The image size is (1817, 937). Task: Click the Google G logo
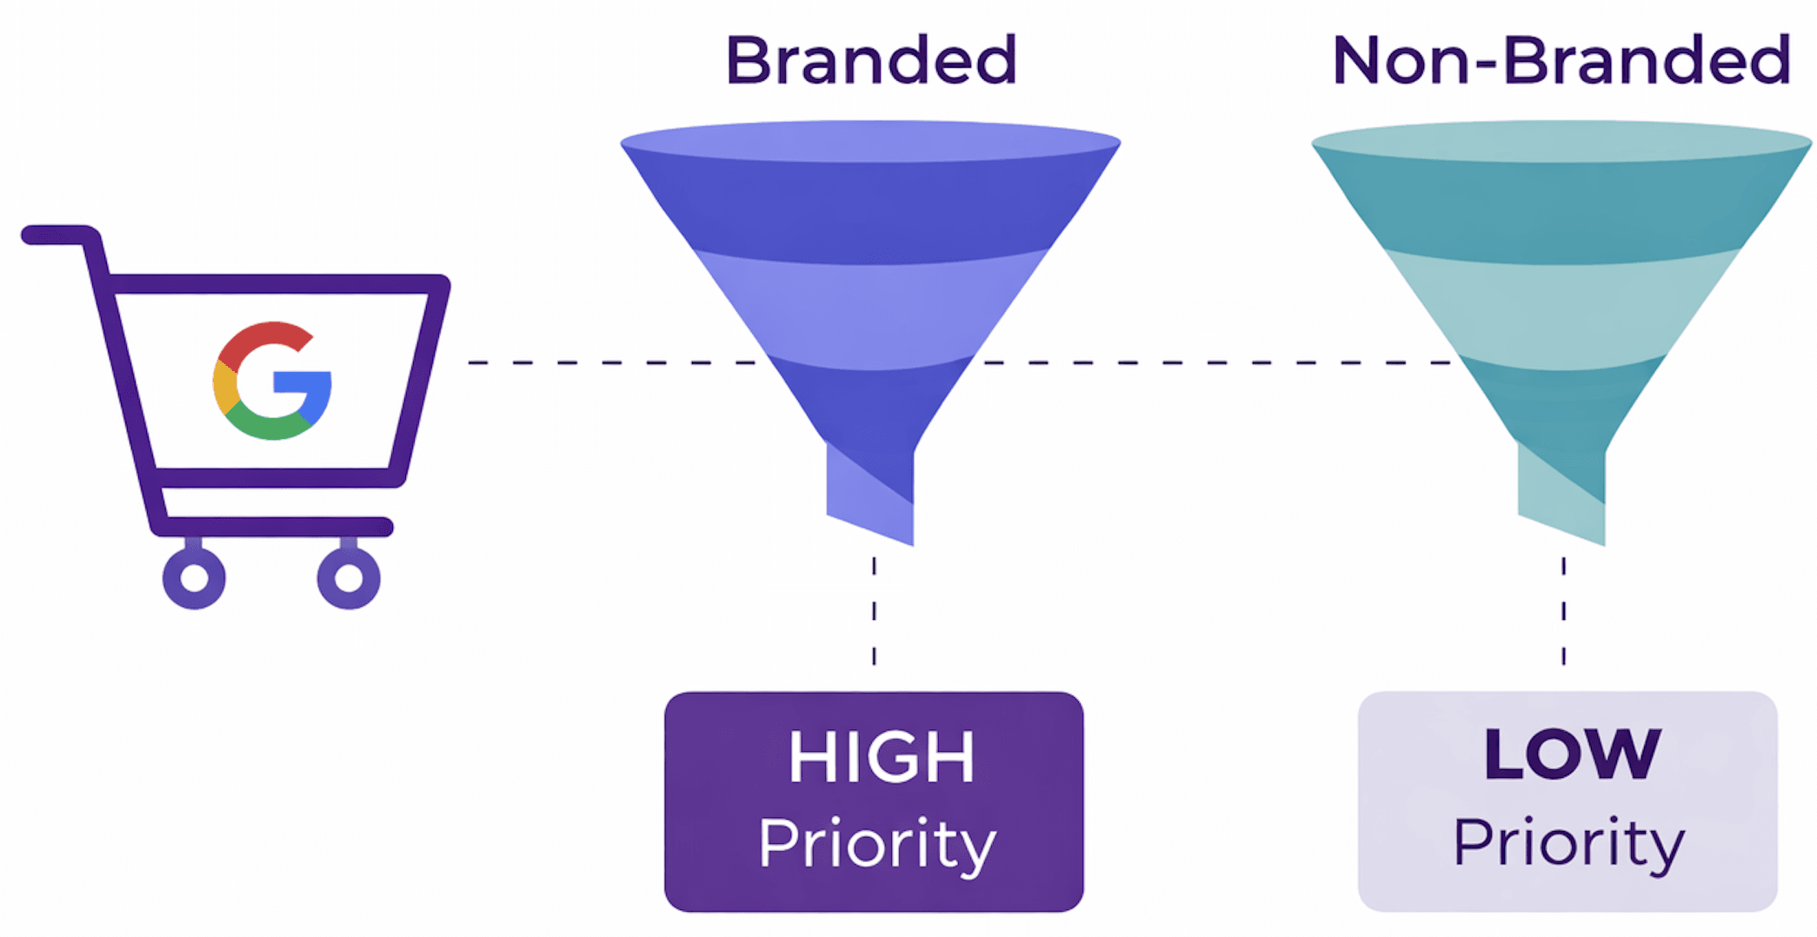pyautogui.click(x=272, y=382)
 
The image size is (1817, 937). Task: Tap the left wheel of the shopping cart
pyautogui.click(x=194, y=578)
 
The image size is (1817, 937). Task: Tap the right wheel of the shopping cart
pyautogui.click(x=349, y=578)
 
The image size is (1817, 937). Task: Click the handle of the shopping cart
pyautogui.click(x=57, y=235)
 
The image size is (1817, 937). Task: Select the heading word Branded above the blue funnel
pyautogui.click(x=871, y=60)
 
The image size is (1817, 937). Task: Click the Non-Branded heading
pyautogui.click(x=1561, y=60)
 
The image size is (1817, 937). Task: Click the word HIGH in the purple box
pyautogui.click(x=881, y=757)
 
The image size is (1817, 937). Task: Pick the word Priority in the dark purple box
pyautogui.click(x=877, y=843)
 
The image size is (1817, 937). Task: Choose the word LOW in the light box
pyautogui.click(x=1572, y=754)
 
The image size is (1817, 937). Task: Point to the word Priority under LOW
pyautogui.click(x=1569, y=843)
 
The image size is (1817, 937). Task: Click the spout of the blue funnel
pyautogui.click(x=870, y=491)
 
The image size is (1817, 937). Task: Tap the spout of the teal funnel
pyautogui.click(x=1561, y=491)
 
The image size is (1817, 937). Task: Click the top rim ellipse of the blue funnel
pyautogui.click(x=871, y=141)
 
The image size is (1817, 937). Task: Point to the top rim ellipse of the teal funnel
pyautogui.click(x=1561, y=141)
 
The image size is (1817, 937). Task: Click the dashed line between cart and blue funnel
pyautogui.click(x=609, y=362)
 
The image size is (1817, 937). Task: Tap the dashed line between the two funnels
pyautogui.click(x=1217, y=362)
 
